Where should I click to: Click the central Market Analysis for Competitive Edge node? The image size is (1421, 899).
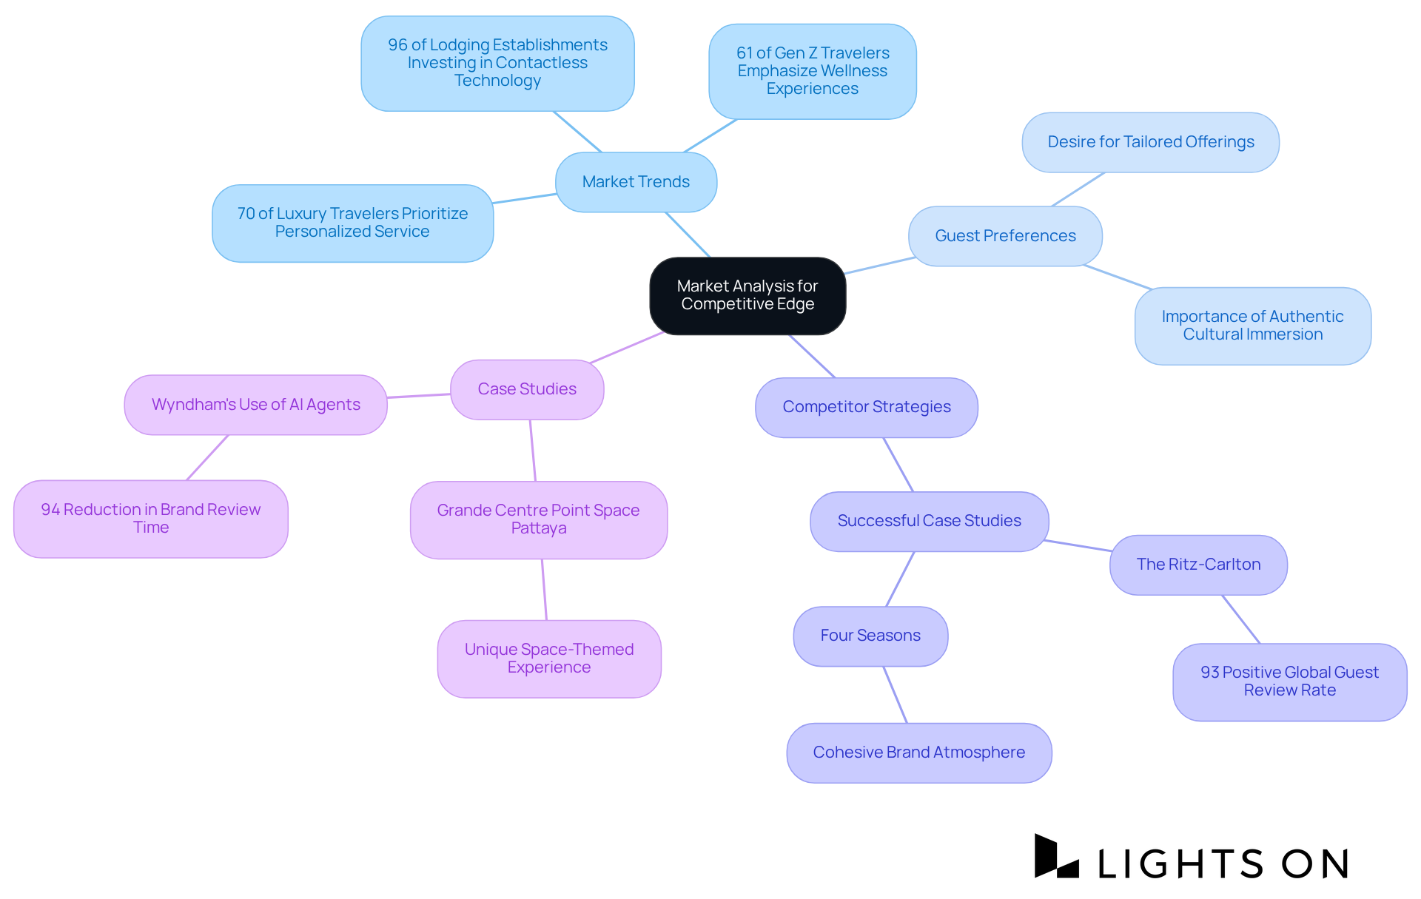pos(748,295)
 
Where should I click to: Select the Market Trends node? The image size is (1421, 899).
pos(636,182)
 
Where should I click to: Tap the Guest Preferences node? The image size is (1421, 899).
pos(1005,236)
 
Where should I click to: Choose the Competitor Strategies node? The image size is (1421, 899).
pos(866,407)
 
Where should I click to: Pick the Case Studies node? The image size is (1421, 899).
pos(527,389)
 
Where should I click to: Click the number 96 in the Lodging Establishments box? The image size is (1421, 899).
pos(397,45)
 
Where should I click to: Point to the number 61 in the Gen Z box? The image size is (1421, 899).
pos(744,53)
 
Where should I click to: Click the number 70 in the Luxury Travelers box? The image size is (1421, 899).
pos(246,214)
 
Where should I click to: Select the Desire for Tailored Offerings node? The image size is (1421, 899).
pos(1150,142)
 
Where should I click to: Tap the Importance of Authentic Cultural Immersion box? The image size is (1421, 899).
pos(1252,326)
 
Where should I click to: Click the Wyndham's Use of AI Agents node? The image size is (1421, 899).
pos(255,405)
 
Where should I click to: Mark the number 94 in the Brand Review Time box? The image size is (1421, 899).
pos(50,510)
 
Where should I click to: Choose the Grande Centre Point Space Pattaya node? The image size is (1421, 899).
pos(538,519)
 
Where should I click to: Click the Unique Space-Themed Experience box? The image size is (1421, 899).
pos(548,659)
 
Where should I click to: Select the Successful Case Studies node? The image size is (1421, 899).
pos(929,521)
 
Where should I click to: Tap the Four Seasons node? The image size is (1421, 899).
pos(870,636)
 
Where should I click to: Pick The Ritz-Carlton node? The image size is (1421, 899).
pos(1198,565)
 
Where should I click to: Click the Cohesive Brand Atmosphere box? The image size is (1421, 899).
pos(918,752)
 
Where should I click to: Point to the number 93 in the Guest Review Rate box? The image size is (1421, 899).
pos(1209,673)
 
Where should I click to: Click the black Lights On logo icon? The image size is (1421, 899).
pos(1056,857)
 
